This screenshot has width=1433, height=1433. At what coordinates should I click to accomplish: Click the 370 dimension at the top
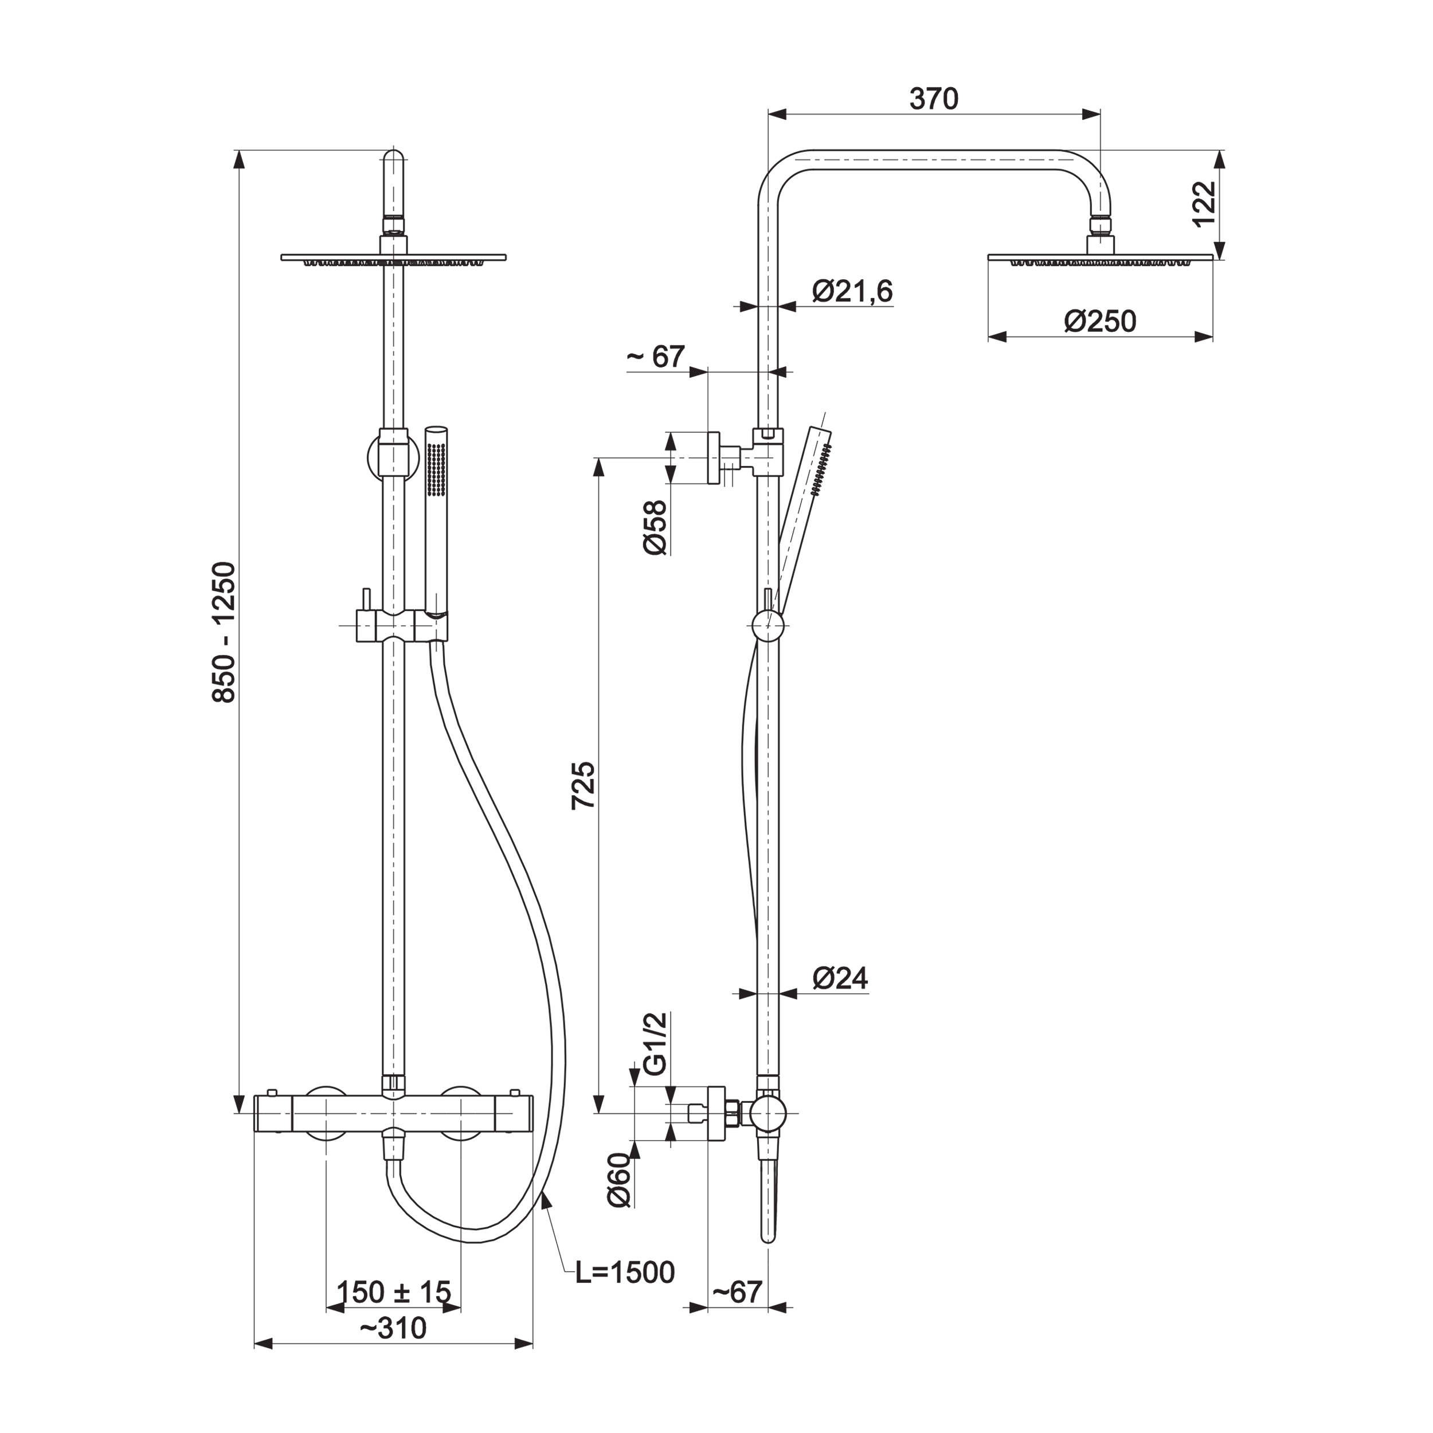pyautogui.click(x=934, y=99)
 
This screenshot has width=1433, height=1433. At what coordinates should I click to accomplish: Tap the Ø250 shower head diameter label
pyautogui.click(x=1101, y=321)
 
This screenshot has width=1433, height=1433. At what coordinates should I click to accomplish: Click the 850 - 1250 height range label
pyautogui.click(x=223, y=631)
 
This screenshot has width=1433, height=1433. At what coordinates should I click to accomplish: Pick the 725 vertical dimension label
pyautogui.click(x=583, y=785)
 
